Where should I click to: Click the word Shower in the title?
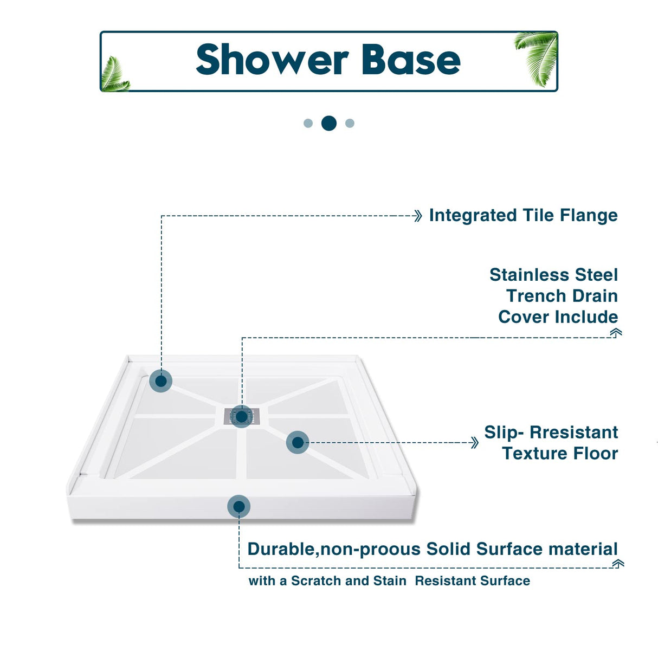[272, 60]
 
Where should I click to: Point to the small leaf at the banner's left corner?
[115, 75]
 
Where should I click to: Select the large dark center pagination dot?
[329, 124]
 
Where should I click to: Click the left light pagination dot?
[308, 124]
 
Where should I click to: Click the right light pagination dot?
[350, 124]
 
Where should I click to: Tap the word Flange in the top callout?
[589, 216]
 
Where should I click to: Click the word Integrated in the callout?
[473, 216]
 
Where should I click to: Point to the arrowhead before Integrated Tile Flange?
[417, 216]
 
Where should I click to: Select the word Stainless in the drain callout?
[530, 275]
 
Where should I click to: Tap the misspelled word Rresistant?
[573, 433]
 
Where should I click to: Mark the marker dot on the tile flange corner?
[161, 381]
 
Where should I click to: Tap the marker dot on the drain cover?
[242, 417]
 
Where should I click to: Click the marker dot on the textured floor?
[298, 443]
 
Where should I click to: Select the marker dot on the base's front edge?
[239, 507]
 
